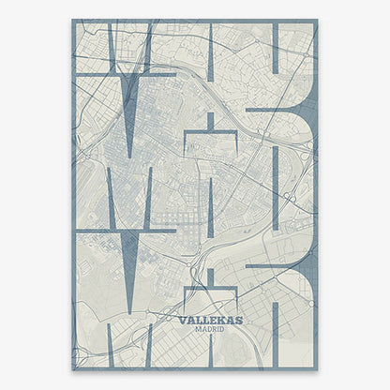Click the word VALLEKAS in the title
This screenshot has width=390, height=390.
pyautogui.click(x=209, y=320)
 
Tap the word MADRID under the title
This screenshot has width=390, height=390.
pyautogui.click(x=209, y=329)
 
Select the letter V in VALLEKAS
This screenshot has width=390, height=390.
pyautogui.click(x=181, y=320)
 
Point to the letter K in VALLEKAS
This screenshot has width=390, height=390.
pyautogui.click(x=219, y=320)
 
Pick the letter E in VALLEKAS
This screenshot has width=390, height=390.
pyautogui.click(x=211, y=320)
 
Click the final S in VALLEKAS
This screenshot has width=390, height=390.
pyautogui.click(x=238, y=320)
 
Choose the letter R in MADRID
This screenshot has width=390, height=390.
pyautogui.click(x=213, y=329)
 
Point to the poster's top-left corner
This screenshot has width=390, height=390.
pyautogui.click(x=72, y=20)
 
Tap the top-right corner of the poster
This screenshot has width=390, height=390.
pyautogui.click(x=318, y=20)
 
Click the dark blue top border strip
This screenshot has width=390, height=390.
pyautogui.click(x=195, y=22)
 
